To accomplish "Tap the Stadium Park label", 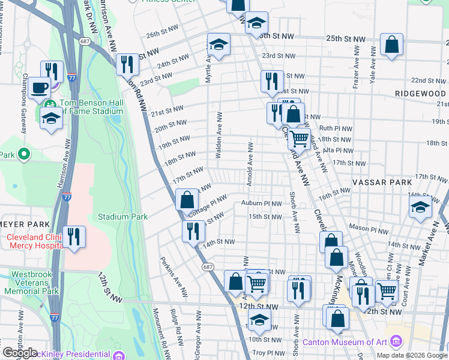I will [x=122, y=216].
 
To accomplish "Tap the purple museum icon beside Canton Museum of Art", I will [x=396, y=342].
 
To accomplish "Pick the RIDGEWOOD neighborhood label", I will [x=420, y=94].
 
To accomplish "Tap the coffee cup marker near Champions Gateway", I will [x=40, y=88].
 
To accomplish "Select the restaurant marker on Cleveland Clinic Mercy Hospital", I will [x=74, y=236].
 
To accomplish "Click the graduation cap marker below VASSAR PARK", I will [x=420, y=208].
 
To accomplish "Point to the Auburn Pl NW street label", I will [x=261, y=203].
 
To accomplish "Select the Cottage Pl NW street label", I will [x=207, y=206].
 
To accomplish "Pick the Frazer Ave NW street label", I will [x=356, y=76].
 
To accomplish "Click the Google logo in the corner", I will [x=20, y=353].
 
